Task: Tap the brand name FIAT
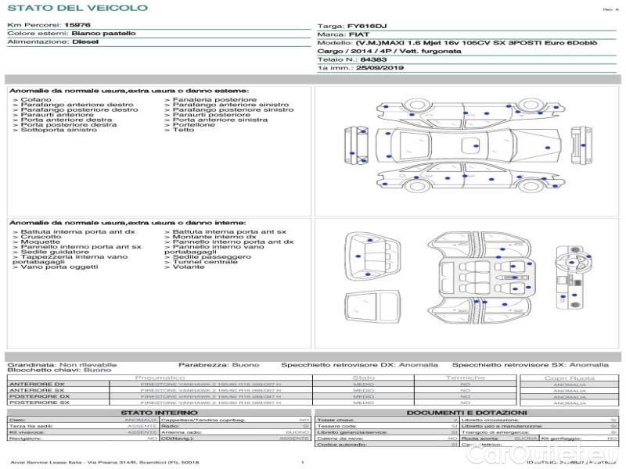357,35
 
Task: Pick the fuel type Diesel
85,42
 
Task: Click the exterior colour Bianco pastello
103,34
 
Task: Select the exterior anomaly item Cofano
37,100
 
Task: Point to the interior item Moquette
41,242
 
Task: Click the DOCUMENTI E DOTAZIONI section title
466,412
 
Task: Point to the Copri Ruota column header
569,378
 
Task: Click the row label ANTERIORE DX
36,385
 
